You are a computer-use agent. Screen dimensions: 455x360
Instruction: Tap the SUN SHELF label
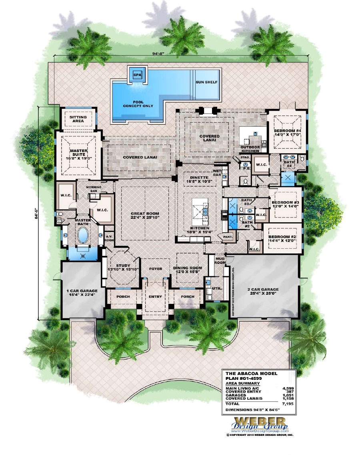tap(206, 82)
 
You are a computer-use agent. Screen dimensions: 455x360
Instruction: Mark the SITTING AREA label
tap(78, 119)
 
